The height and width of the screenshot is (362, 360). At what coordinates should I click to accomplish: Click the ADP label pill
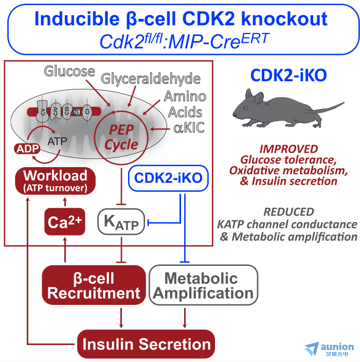coord(27,149)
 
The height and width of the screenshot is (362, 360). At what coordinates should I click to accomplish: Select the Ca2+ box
coord(65,222)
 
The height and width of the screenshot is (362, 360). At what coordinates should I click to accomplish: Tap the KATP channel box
coord(121,222)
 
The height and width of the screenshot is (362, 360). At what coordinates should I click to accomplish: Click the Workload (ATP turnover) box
coord(55,181)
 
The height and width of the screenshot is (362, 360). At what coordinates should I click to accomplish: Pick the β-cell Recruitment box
coord(94,285)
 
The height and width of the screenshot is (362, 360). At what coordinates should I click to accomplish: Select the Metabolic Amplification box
coord(203,285)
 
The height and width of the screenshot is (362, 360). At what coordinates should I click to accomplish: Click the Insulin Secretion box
coord(146,344)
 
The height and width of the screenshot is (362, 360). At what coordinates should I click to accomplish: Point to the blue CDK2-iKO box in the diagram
coord(168,178)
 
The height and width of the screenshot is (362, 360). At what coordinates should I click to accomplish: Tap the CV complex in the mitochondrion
coord(43,111)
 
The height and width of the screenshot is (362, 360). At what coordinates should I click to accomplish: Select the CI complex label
coord(87,112)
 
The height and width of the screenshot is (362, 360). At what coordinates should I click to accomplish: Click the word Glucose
coord(69,71)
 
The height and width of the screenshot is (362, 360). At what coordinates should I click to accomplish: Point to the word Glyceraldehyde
coord(151,79)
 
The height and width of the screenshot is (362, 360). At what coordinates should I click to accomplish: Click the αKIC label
coord(189,128)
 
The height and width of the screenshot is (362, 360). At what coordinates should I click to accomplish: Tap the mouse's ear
coord(258,97)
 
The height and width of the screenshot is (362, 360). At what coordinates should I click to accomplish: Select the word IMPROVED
coord(289,149)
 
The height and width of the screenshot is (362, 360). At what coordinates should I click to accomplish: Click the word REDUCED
coord(289,212)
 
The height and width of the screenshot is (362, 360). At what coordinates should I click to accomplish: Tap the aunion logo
coord(329,349)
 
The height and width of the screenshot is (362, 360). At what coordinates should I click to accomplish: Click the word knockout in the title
coord(284,19)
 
